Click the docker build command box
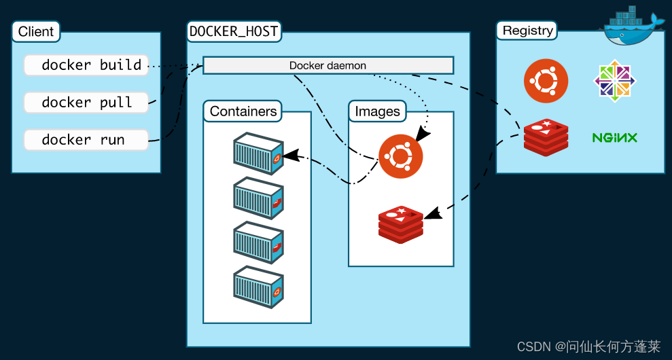point(86,65)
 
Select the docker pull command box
point(86,103)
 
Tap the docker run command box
point(86,140)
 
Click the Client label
point(36,32)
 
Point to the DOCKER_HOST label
point(234,31)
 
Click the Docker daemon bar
point(328,66)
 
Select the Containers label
point(243,111)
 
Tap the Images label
point(377,111)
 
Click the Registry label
point(528,31)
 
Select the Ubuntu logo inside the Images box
point(400,156)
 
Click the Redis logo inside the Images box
point(400,223)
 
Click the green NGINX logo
point(614,138)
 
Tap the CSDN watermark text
point(588,346)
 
